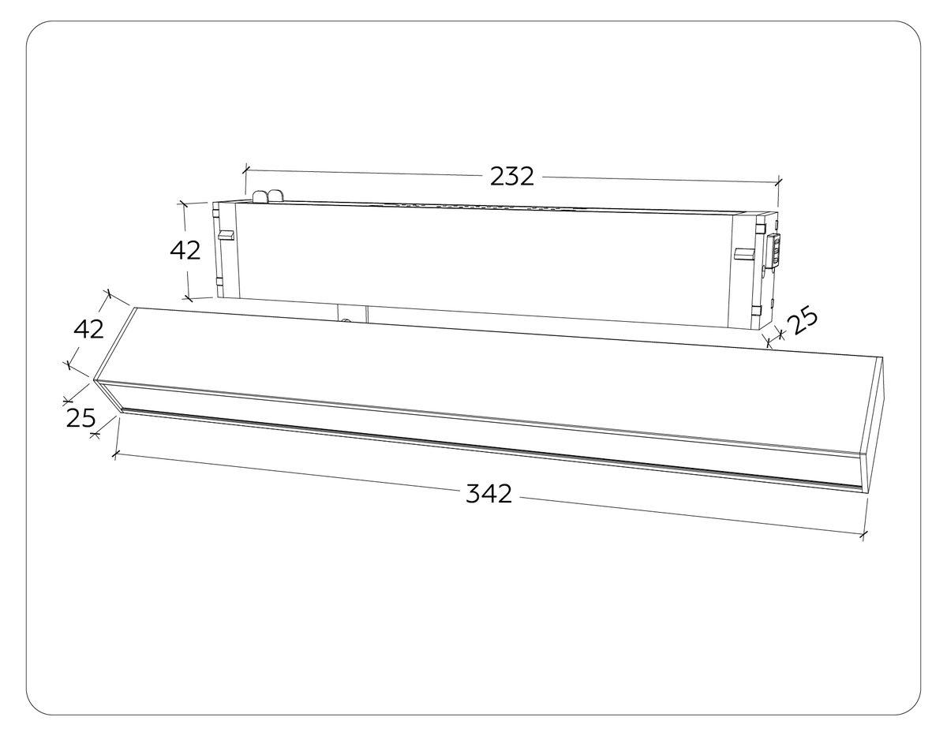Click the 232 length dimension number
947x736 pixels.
512,176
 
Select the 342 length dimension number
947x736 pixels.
489,495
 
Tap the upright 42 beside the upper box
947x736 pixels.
185,250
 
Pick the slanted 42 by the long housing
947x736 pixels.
88,329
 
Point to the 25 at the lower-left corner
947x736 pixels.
80,418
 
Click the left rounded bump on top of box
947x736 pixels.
260,196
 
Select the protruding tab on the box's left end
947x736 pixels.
226,235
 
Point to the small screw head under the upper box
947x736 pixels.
345,320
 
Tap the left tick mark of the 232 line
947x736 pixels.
246,169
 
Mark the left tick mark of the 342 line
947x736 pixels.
116,454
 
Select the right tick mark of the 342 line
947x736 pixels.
863,536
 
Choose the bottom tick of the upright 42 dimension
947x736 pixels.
188,298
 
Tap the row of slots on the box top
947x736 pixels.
489,208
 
